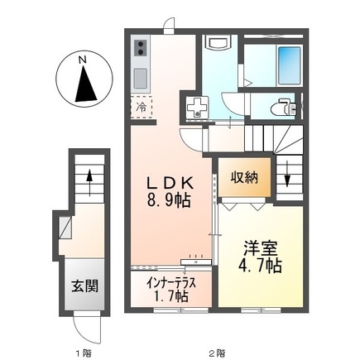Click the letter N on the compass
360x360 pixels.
(x=81, y=60)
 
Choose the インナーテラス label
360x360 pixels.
(x=170, y=281)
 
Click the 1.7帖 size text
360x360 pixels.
(x=170, y=295)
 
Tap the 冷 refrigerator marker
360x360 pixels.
(x=142, y=108)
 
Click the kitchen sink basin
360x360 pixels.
(x=141, y=79)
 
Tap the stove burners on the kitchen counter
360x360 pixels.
(x=141, y=48)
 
